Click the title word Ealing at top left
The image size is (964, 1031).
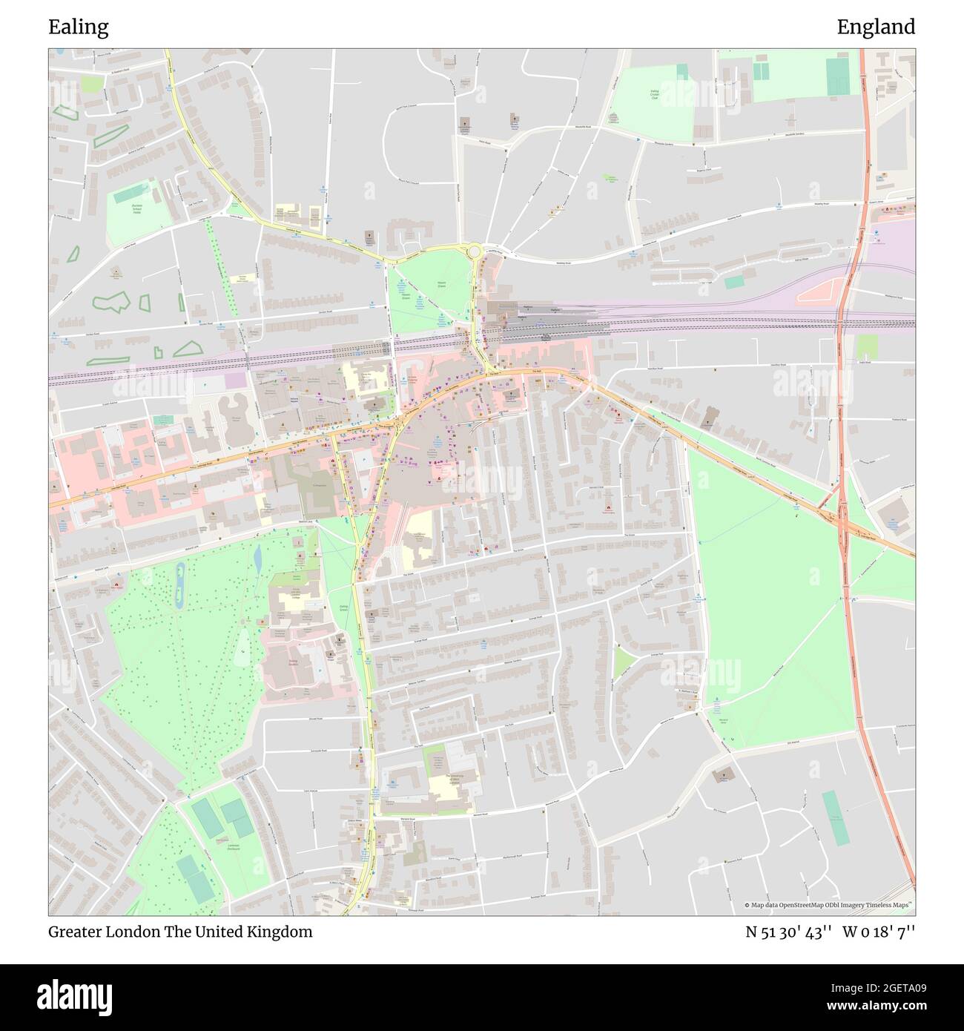[79, 27]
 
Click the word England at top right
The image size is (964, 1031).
[876, 27]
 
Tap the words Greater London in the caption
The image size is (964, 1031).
[104, 932]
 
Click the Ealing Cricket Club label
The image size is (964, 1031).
[655, 94]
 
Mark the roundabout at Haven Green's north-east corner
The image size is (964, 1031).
[474, 251]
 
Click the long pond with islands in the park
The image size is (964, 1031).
[179, 586]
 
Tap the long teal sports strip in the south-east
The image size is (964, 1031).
[836, 817]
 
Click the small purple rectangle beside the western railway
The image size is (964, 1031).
[235, 380]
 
